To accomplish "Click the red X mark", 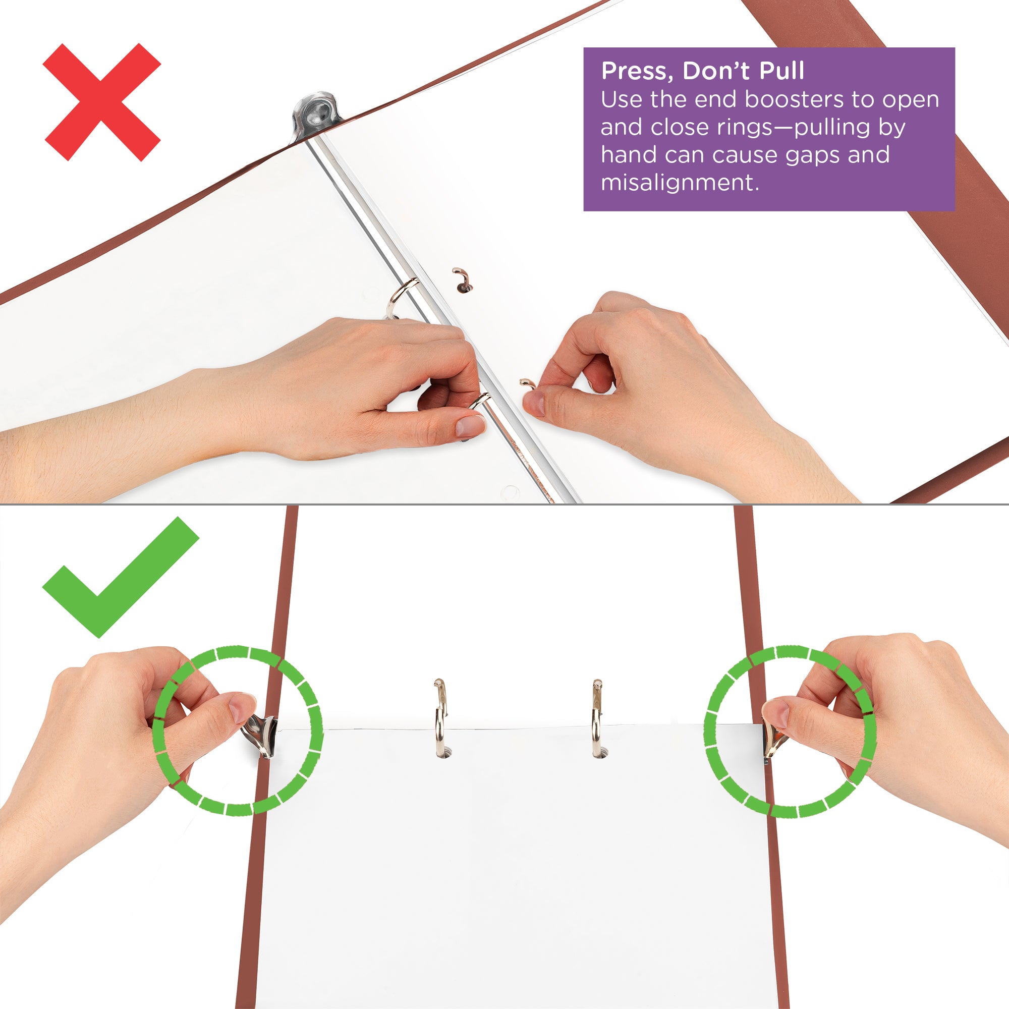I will pyautogui.click(x=102, y=102).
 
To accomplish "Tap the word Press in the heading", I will pyautogui.click(x=634, y=71).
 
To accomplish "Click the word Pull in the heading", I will pyautogui.click(x=781, y=71).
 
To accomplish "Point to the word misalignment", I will pyautogui.click(x=679, y=183).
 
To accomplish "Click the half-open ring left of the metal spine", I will pyautogui.click(x=400, y=298).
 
